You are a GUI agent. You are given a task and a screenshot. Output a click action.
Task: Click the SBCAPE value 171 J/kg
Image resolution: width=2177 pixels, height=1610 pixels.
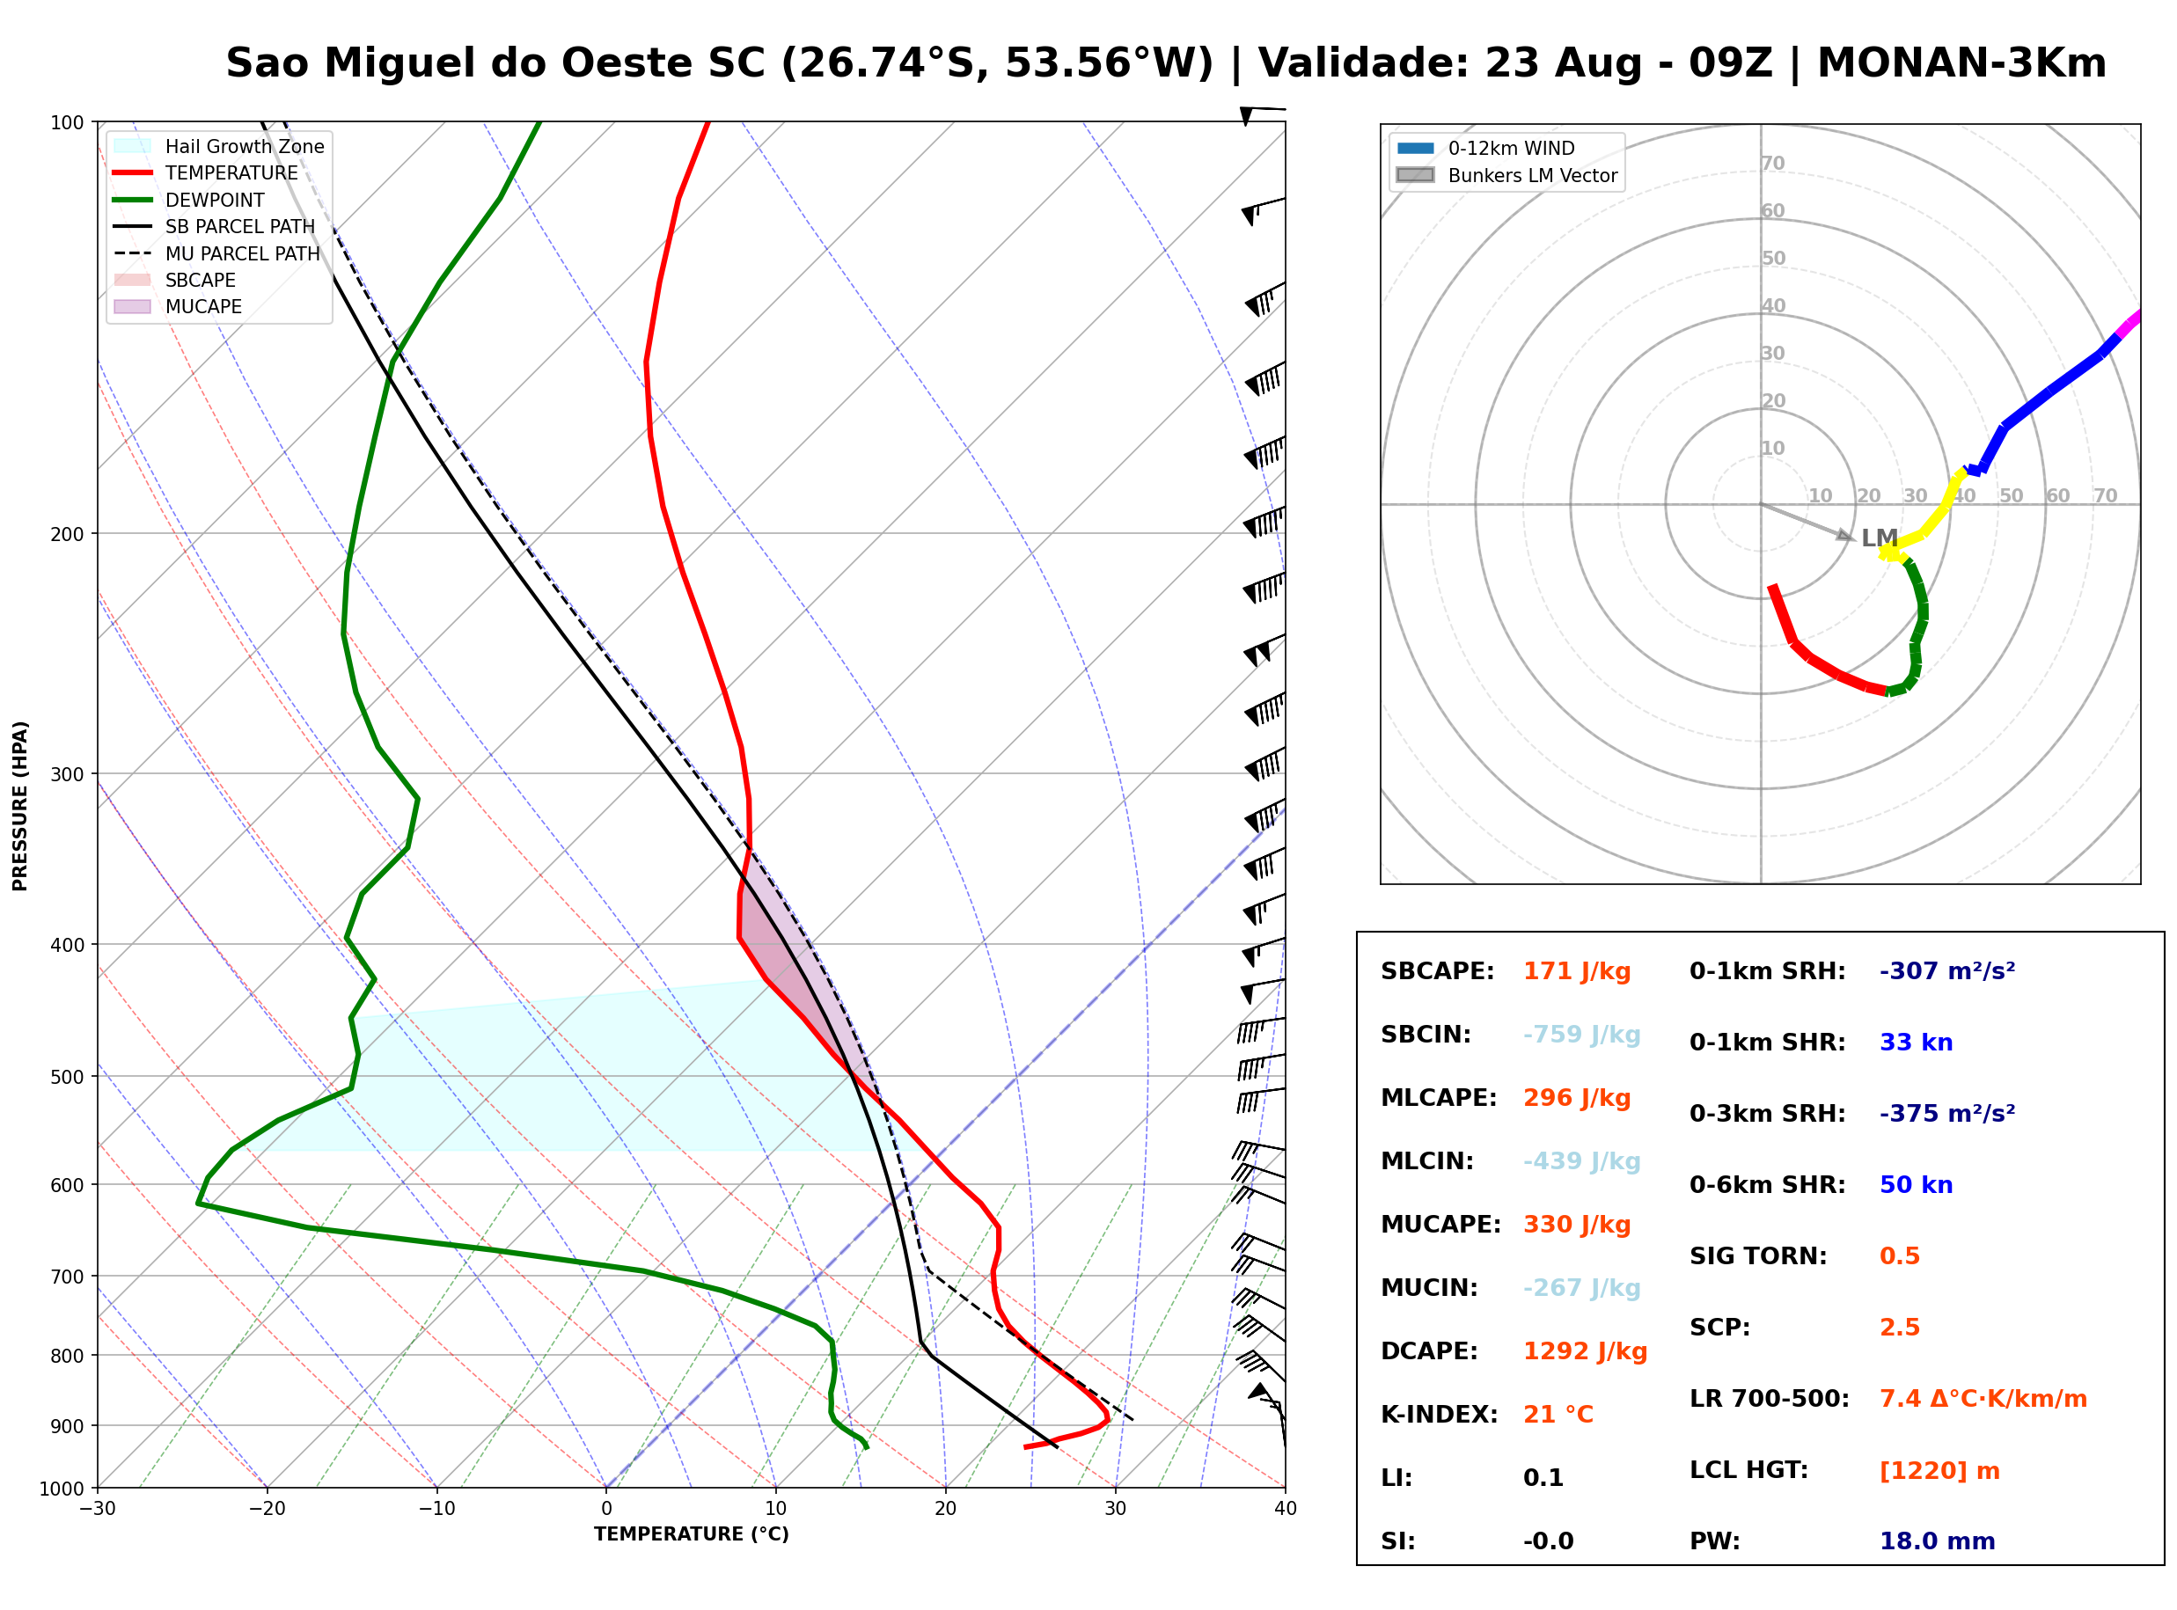pyautogui.click(x=1576, y=971)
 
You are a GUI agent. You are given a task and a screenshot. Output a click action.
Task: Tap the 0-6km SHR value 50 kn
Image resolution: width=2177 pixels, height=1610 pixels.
pyautogui.click(x=1915, y=1185)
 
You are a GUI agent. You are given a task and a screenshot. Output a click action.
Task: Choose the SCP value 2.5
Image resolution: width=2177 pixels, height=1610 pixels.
pyautogui.click(x=1898, y=1328)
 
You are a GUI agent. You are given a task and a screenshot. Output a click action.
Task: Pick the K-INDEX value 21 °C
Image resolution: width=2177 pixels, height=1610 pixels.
pyautogui.click(x=1558, y=1415)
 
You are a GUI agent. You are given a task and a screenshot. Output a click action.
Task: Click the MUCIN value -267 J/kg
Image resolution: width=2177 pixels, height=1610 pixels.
pyautogui.click(x=1580, y=1288)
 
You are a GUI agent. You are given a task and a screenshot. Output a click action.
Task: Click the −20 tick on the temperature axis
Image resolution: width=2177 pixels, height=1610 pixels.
pyautogui.click(x=266, y=1509)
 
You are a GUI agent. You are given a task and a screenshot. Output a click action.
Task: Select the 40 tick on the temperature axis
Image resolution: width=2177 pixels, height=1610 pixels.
pyautogui.click(x=1285, y=1509)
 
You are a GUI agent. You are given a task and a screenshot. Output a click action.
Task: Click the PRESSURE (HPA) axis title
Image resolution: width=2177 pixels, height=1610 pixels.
pyautogui.click(x=20, y=806)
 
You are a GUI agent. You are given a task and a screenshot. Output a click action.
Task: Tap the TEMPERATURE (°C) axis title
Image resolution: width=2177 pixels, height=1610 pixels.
pyautogui.click(x=691, y=1535)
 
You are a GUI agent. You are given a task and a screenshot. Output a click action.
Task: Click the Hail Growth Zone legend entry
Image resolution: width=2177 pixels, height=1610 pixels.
pyautogui.click(x=218, y=146)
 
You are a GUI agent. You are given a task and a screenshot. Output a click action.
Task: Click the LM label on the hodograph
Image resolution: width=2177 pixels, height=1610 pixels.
pyautogui.click(x=1879, y=538)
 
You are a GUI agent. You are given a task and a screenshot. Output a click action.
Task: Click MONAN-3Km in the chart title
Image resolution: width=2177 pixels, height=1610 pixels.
pyautogui.click(x=1961, y=63)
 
